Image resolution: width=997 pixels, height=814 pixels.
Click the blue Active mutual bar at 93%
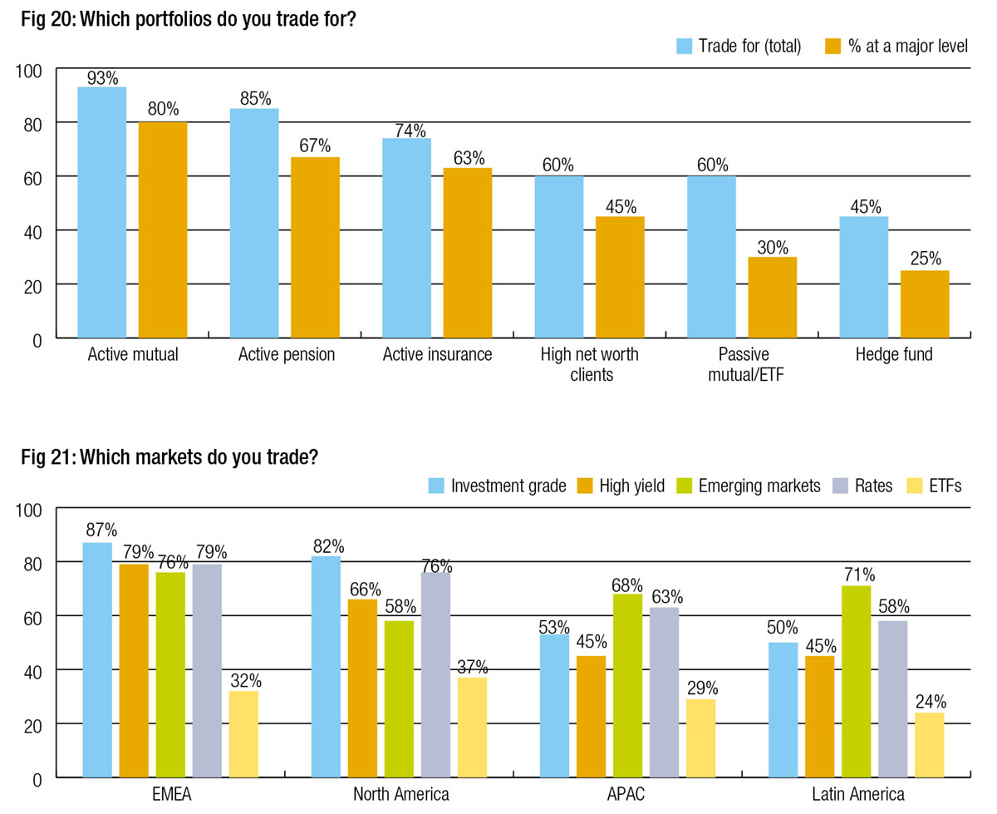(101, 212)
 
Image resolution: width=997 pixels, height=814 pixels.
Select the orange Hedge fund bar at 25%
(925, 304)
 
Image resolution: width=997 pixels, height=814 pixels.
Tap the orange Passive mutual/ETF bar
(772, 298)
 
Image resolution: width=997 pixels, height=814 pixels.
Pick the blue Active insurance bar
(406, 238)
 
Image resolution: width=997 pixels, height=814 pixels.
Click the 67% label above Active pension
(316, 146)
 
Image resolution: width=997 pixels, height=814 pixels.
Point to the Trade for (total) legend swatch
(684, 46)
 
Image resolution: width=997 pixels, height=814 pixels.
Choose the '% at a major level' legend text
(908, 47)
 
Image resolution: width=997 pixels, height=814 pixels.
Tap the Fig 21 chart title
(170, 456)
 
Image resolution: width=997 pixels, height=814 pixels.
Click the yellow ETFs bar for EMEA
(243, 734)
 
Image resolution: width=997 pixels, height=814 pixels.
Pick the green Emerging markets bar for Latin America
(856, 682)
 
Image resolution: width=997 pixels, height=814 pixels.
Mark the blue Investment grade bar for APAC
(555, 706)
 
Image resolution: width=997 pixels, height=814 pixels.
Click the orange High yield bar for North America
(362, 688)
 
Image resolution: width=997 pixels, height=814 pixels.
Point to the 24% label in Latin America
(930, 701)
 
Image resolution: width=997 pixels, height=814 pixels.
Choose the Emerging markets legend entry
(747, 486)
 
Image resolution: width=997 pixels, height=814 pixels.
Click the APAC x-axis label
(626, 794)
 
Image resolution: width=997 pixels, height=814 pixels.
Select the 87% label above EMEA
(101, 530)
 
